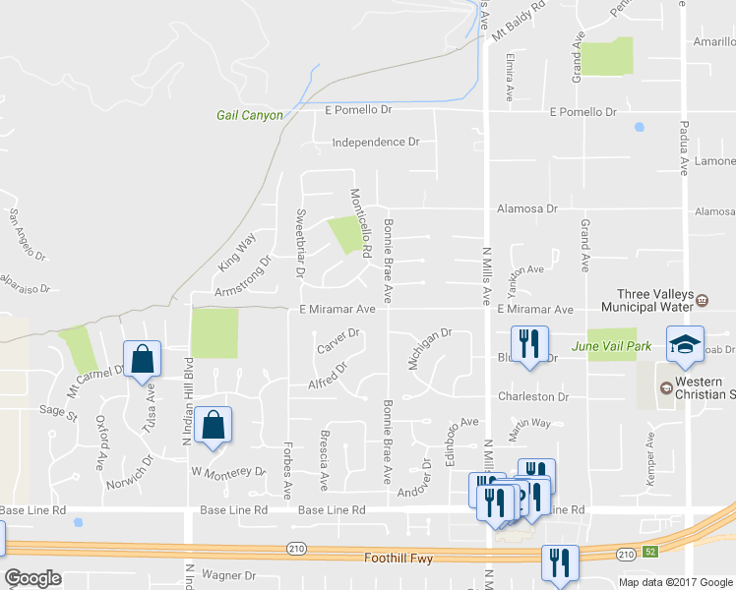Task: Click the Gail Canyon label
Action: [249, 115]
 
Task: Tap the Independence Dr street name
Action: [375, 143]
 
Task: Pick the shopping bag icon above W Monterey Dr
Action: [213, 425]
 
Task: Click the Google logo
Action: [33, 578]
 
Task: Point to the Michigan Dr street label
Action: [429, 349]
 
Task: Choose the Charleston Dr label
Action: [533, 396]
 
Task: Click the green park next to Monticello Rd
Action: [343, 235]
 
